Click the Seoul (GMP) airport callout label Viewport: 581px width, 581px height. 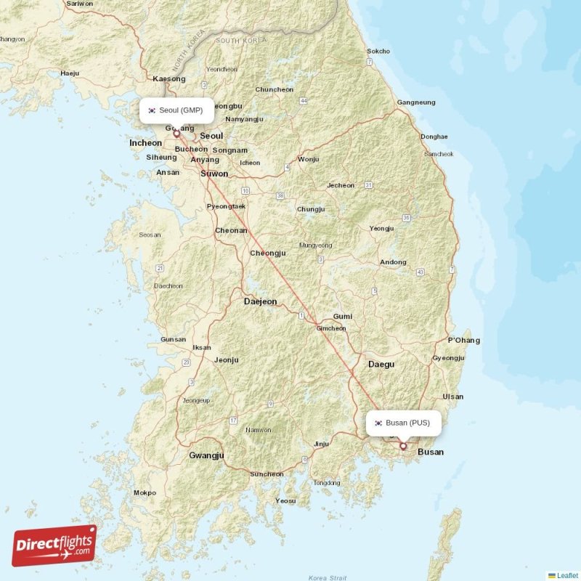click(176, 110)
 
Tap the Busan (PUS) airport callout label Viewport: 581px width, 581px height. click(403, 423)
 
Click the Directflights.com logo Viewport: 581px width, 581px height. click(54, 545)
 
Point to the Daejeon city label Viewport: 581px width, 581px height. click(260, 301)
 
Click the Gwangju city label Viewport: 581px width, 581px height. click(206, 455)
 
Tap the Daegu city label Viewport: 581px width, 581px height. click(381, 364)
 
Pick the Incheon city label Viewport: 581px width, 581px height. click(145, 143)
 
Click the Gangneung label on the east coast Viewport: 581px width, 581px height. click(416, 102)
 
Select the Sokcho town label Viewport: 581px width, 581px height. click(378, 52)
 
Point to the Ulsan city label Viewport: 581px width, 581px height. click(453, 397)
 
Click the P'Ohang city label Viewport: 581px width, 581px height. click(463, 341)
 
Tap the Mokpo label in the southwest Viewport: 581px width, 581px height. click(145, 493)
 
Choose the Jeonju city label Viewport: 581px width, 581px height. click(226, 359)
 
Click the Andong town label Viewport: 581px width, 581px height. click(394, 262)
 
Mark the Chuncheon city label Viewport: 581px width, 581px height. click(274, 90)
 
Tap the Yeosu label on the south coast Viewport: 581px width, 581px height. click(285, 501)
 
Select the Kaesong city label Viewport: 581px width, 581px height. click(169, 78)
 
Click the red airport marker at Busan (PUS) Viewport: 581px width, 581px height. click(403, 446)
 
